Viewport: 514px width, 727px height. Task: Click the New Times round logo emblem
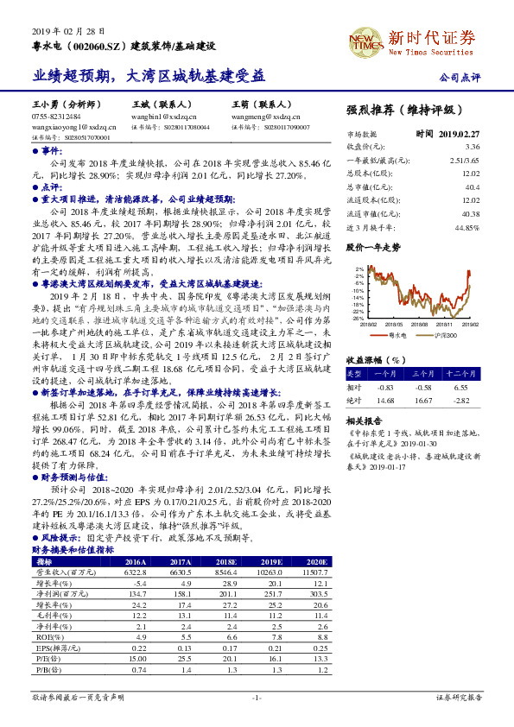[364, 40]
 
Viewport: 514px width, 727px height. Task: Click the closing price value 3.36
[472, 147]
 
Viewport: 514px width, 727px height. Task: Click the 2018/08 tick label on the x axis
[420, 324]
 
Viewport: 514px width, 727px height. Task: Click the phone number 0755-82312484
[56, 116]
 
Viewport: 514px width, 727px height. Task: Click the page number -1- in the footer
[256, 696]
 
